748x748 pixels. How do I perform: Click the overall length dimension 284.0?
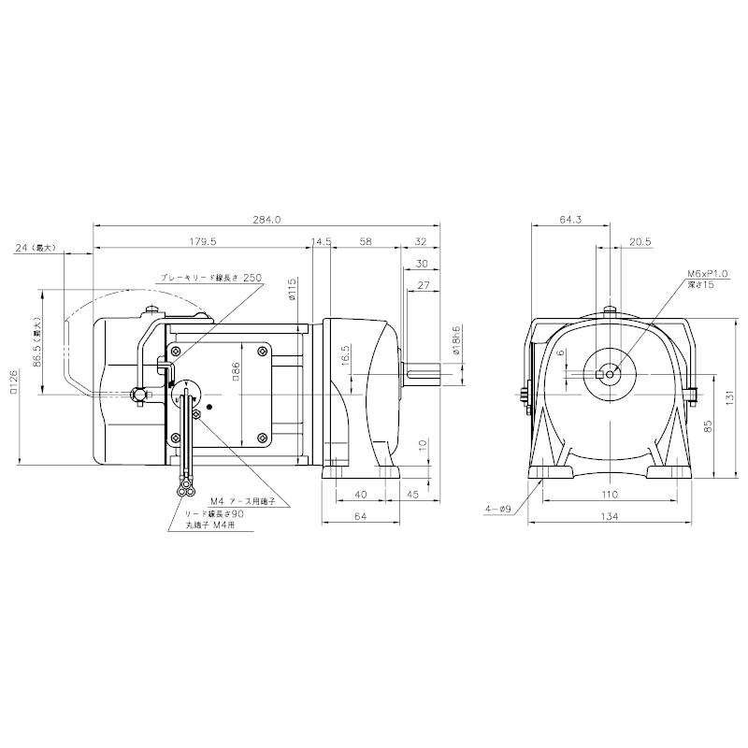pos(266,220)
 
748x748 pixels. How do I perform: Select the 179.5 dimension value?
pos(202,241)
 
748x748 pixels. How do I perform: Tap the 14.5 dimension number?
pos(322,241)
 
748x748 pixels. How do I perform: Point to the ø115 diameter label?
pos(292,288)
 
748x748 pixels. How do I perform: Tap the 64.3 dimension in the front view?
pos(570,220)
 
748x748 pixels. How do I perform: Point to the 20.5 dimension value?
pos(640,241)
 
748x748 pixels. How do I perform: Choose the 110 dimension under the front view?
pos(610,494)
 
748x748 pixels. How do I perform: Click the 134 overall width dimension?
pos(610,515)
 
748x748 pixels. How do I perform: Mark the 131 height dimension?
pos(730,396)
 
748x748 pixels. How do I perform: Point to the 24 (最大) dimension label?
pos(36,248)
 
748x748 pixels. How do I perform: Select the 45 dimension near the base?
pos(411,494)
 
